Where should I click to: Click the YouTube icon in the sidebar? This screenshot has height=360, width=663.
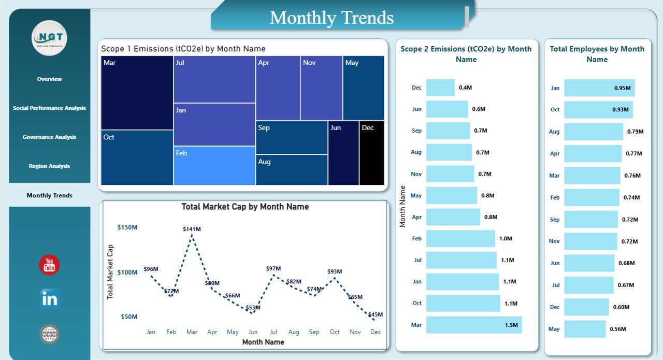pos(49,265)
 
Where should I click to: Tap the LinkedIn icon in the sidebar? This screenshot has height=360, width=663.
pos(49,298)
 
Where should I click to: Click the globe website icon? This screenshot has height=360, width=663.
pos(49,334)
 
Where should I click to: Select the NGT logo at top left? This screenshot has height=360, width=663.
pos(49,38)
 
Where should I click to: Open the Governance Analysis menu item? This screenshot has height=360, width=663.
pos(49,137)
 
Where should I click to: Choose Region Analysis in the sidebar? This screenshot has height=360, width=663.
pos(49,166)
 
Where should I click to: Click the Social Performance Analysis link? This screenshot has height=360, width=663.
pos(49,108)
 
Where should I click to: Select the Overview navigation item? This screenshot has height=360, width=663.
pos(49,79)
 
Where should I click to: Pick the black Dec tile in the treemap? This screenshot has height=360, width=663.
pos(372,153)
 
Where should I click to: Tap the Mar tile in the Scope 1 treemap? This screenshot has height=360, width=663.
pos(137,92)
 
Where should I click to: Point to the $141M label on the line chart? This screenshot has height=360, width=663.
pos(192,228)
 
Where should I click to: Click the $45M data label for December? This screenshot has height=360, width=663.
pos(375,314)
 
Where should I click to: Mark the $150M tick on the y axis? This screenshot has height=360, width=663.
pos(127,227)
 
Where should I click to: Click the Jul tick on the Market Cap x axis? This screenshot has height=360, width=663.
pos(273,332)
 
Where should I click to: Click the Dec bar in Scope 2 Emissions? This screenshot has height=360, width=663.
pos(440,88)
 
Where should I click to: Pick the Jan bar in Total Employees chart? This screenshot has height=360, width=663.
pos(599,88)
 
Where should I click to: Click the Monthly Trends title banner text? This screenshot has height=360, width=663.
pos(331,18)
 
